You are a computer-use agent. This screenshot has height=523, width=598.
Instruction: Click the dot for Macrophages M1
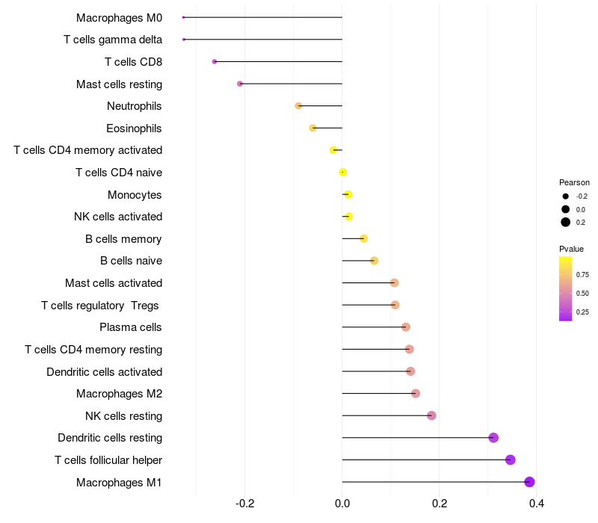pyautogui.click(x=530, y=482)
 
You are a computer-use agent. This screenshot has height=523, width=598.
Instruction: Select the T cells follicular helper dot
pyautogui.click(x=511, y=459)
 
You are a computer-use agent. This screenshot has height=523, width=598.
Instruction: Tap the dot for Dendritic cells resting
pyautogui.click(x=493, y=438)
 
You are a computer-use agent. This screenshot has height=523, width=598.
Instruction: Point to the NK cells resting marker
pyautogui.click(x=431, y=415)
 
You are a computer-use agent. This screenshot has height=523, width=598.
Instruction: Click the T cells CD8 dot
pyautogui.click(x=215, y=61)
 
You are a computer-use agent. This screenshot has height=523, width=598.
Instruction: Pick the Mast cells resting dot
pyautogui.click(x=240, y=84)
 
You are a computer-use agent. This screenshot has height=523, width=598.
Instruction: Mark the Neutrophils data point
pyautogui.click(x=298, y=106)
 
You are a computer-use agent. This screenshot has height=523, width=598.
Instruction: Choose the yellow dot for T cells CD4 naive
pyautogui.click(x=343, y=173)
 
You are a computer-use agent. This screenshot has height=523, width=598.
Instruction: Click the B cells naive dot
pyautogui.click(x=374, y=261)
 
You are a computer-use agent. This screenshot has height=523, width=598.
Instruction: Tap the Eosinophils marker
pyautogui.click(x=313, y=128)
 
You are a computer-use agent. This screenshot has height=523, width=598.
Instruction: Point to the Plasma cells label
pyautogui.click(x=131, y=327)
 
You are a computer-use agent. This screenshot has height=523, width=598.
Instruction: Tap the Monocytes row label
pyautogui.click(x=135, y=195)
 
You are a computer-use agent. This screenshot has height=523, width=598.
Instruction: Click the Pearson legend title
pyautogui.click(x=574, y=182)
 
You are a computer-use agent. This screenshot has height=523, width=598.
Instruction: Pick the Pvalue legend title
pyautogui.click(x=571, y=249)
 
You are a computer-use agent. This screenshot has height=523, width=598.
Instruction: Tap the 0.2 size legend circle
pyautogui.click(x=566, y=222)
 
